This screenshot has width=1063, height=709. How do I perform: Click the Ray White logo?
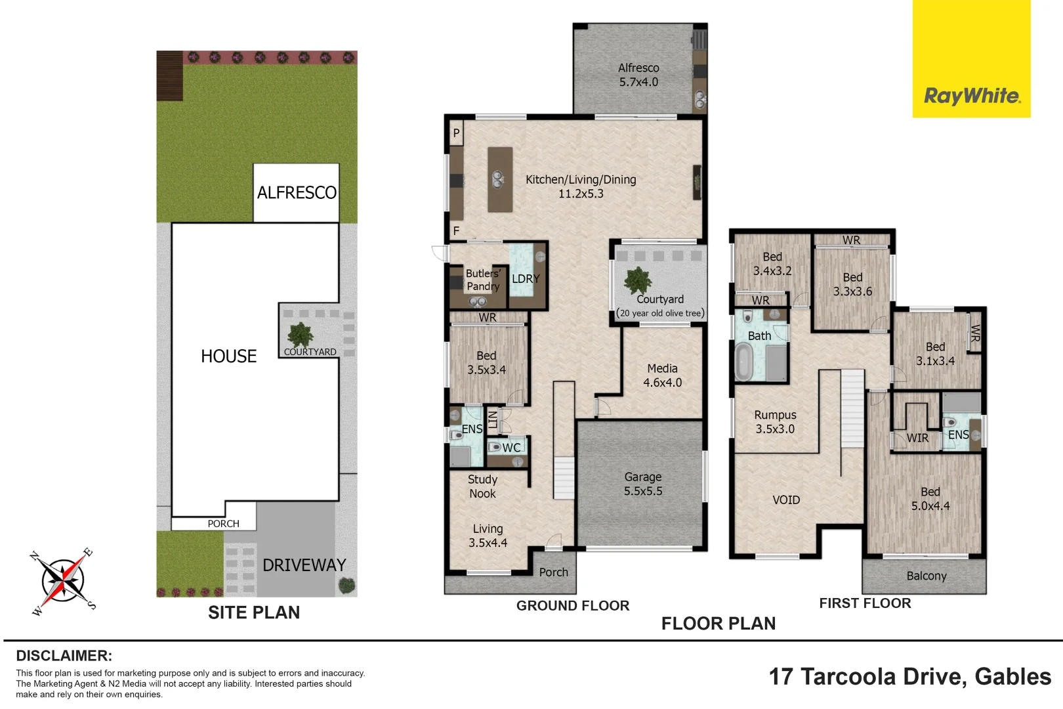(971, 58)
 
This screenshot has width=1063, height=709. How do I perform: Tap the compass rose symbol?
(62, 581)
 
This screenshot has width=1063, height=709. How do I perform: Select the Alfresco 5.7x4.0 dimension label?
(638, 75)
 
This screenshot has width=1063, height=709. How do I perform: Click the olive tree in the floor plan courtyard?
(637, 281)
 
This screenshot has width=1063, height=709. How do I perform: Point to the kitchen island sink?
(497, 179)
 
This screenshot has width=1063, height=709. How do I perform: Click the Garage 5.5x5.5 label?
(643, 484)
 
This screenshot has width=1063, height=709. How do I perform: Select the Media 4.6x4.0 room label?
(663, 375)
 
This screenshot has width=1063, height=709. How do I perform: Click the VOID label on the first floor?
(786, 500)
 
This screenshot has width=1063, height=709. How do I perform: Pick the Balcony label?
(927, 576)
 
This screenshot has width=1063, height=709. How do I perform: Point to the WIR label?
(917, 438)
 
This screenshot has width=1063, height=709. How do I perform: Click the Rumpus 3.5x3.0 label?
(775, 421)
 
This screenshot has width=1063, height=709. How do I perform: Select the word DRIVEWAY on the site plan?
(304, 565)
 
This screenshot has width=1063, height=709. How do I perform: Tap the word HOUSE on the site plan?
(229, 356)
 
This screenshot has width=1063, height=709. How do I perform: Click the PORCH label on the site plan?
(224, 523)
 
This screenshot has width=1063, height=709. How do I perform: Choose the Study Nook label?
(483, 486)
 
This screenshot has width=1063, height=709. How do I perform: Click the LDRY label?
(526, 279)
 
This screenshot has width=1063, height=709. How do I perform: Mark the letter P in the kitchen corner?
(456, 133)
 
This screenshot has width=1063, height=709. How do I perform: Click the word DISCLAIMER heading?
(64, 656)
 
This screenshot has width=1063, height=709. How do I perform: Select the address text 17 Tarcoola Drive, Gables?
(909, 677)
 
